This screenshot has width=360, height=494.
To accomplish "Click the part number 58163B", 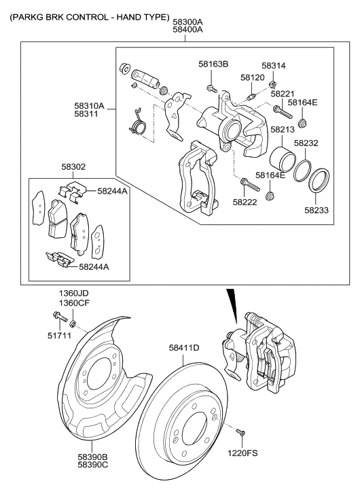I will coord(213,64).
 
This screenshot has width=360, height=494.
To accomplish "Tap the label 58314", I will coord(274,65).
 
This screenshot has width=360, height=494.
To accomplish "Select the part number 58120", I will coord(252,77).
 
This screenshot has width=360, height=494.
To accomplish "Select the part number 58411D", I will coord(184,349).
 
